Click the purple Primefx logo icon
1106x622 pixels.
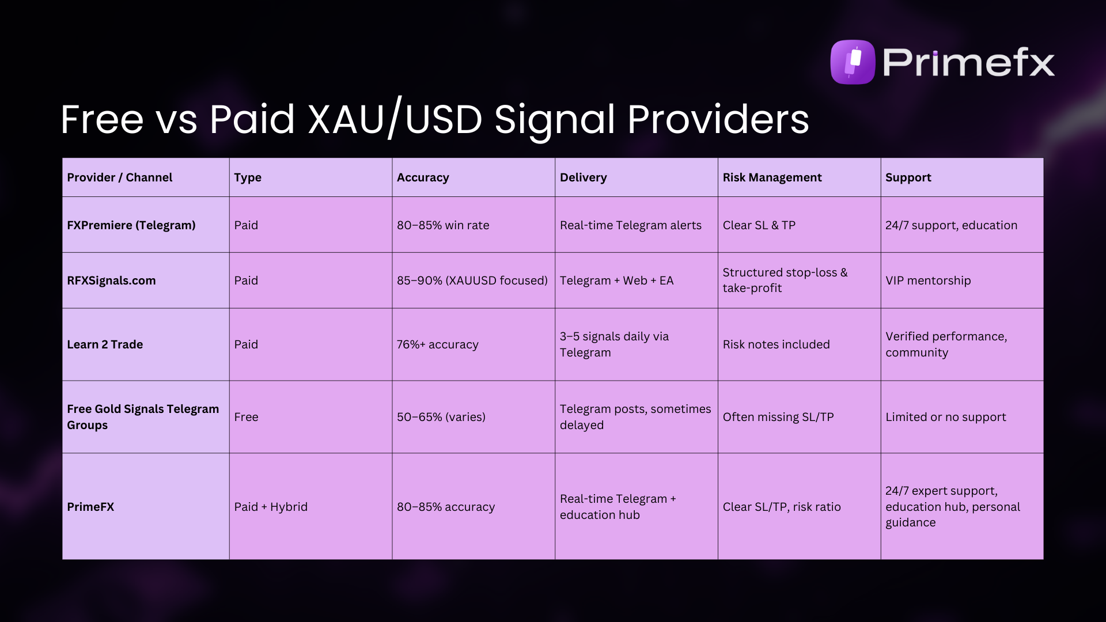pos(853,62)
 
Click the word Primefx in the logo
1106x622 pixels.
pos(968,62)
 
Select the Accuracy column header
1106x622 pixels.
pos(423,177)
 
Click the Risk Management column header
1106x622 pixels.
pos(772,177)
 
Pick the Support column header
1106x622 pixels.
pos(908,177)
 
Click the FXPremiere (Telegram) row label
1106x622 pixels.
pos(131,225)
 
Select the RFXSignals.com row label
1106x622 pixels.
pos(111,280)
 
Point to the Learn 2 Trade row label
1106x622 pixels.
pos(105,344)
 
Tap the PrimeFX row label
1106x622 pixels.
pos(90,507)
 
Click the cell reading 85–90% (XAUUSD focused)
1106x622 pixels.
pos(472,280)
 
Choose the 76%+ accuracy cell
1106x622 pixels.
pos(437,344)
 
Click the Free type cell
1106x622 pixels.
pos(246,417)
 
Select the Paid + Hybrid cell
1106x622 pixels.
pos(271,507)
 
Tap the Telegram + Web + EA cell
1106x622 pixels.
pos(616,280)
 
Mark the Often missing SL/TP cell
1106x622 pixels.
pos(778,417)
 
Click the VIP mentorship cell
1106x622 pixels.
pos(928,280)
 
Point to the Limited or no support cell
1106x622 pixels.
pos(945,417)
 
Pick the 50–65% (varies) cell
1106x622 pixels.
pos(441,417)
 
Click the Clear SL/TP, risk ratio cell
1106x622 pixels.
pos(782,507)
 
